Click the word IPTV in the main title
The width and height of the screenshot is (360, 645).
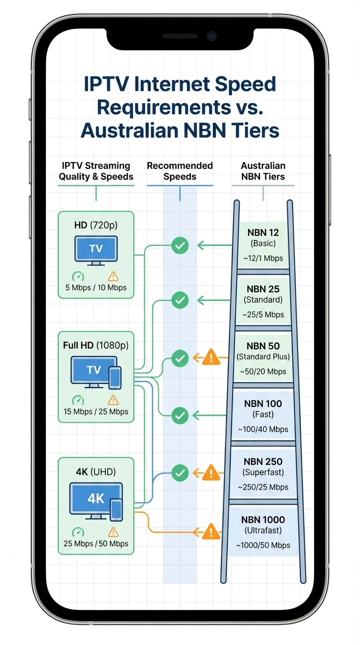(x=106, y=85)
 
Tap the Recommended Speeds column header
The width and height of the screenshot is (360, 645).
(x=180, y=171)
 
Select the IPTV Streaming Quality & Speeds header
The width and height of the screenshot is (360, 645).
(x=96, y=171)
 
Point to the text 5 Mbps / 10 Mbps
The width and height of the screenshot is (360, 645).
(x=96, y=287)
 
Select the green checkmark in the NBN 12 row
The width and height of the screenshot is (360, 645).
(x=180, y=245)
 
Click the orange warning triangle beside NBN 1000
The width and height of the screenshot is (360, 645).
(x=211, y=532)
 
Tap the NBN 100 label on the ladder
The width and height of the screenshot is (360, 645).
(x=263, y=403)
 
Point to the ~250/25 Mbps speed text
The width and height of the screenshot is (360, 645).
(x=263, y=487)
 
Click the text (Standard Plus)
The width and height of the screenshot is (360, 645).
(x=263, y=357)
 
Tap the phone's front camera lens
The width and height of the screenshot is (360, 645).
(x=212, y=36)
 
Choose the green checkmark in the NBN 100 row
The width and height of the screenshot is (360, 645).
(x=180, y=415)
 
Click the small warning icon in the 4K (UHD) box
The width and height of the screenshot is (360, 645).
(x=113, y=532)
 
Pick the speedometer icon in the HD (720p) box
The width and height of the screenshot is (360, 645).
(x=78, y=277)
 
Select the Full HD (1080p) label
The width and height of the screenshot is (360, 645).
(x=96, y=345)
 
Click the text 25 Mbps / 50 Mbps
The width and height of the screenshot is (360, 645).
(x=96, y=544)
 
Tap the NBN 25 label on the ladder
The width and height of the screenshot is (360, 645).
(x=263, y=289)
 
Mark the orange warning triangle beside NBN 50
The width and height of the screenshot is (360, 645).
(x=211, y=359)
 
